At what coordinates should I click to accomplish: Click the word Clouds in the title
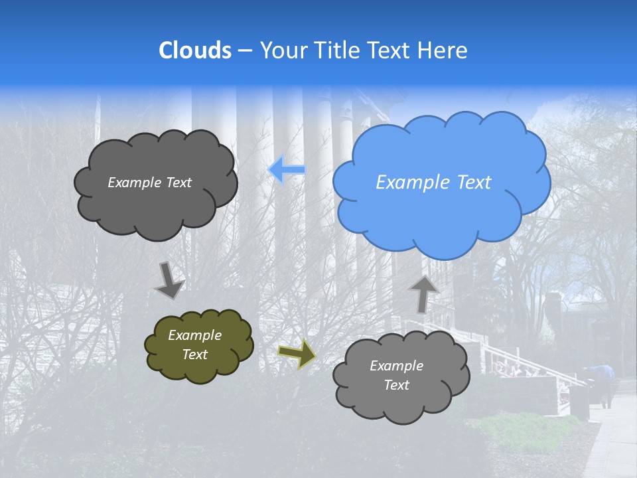point(195,50)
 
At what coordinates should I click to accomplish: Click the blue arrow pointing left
point(287,169)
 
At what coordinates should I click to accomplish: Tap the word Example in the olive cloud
point(194,335)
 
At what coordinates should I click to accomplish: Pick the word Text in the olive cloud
point(194,355)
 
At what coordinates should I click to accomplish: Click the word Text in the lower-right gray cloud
point(396,385)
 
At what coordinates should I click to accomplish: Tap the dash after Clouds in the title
point(244,51)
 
